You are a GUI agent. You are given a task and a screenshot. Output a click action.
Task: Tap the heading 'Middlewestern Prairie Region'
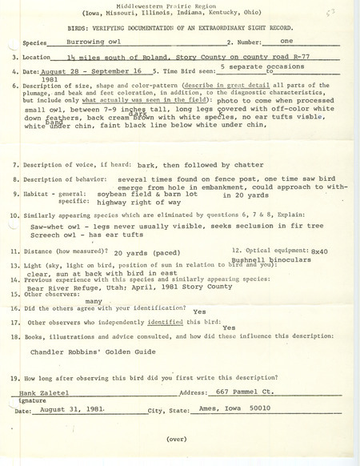click(x=180, y=8)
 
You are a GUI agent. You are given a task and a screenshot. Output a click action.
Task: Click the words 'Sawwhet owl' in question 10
click(x=51, y=226)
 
